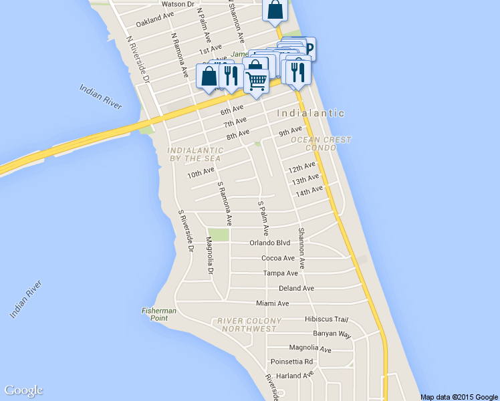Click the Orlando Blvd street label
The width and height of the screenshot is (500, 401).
(270, 243)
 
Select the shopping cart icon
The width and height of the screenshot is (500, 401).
(257, 82)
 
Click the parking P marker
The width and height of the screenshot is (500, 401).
(309, 48)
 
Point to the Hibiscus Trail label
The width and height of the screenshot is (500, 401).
(327, 319)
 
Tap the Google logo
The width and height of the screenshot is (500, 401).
(23, 391)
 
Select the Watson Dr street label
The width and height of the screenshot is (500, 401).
(177, 4)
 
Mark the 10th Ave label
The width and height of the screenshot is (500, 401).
(201, 173)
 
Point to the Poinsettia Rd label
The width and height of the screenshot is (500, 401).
(291, 362)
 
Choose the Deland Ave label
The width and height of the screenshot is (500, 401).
(296, 289)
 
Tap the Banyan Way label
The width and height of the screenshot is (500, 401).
(332, 333)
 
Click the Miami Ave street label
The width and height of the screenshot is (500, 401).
(273, 303)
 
